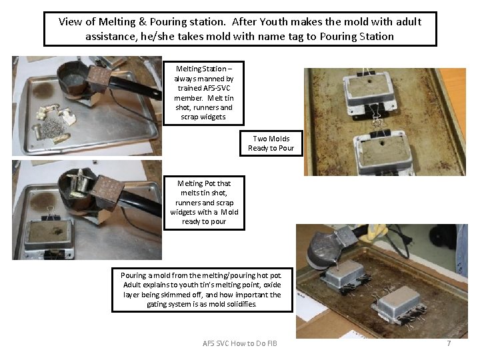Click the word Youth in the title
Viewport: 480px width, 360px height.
click(x=274, y=22)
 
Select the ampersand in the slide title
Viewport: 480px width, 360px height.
click(x=143, y=22)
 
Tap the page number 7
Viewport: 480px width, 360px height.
click(x=449, y=343)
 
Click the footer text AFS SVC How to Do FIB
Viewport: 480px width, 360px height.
click(x=240, y=343)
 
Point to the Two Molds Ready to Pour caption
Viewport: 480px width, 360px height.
click(x=271, y=143)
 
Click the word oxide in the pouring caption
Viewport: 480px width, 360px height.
click(x=272, y=285)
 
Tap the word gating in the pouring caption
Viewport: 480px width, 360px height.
click(x=156, y=304)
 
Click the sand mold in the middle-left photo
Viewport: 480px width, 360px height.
click(x=49, y=235)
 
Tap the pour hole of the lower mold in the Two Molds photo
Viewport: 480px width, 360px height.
click(x=381, y=143)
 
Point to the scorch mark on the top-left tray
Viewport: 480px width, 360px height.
click(x=43, y=90)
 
